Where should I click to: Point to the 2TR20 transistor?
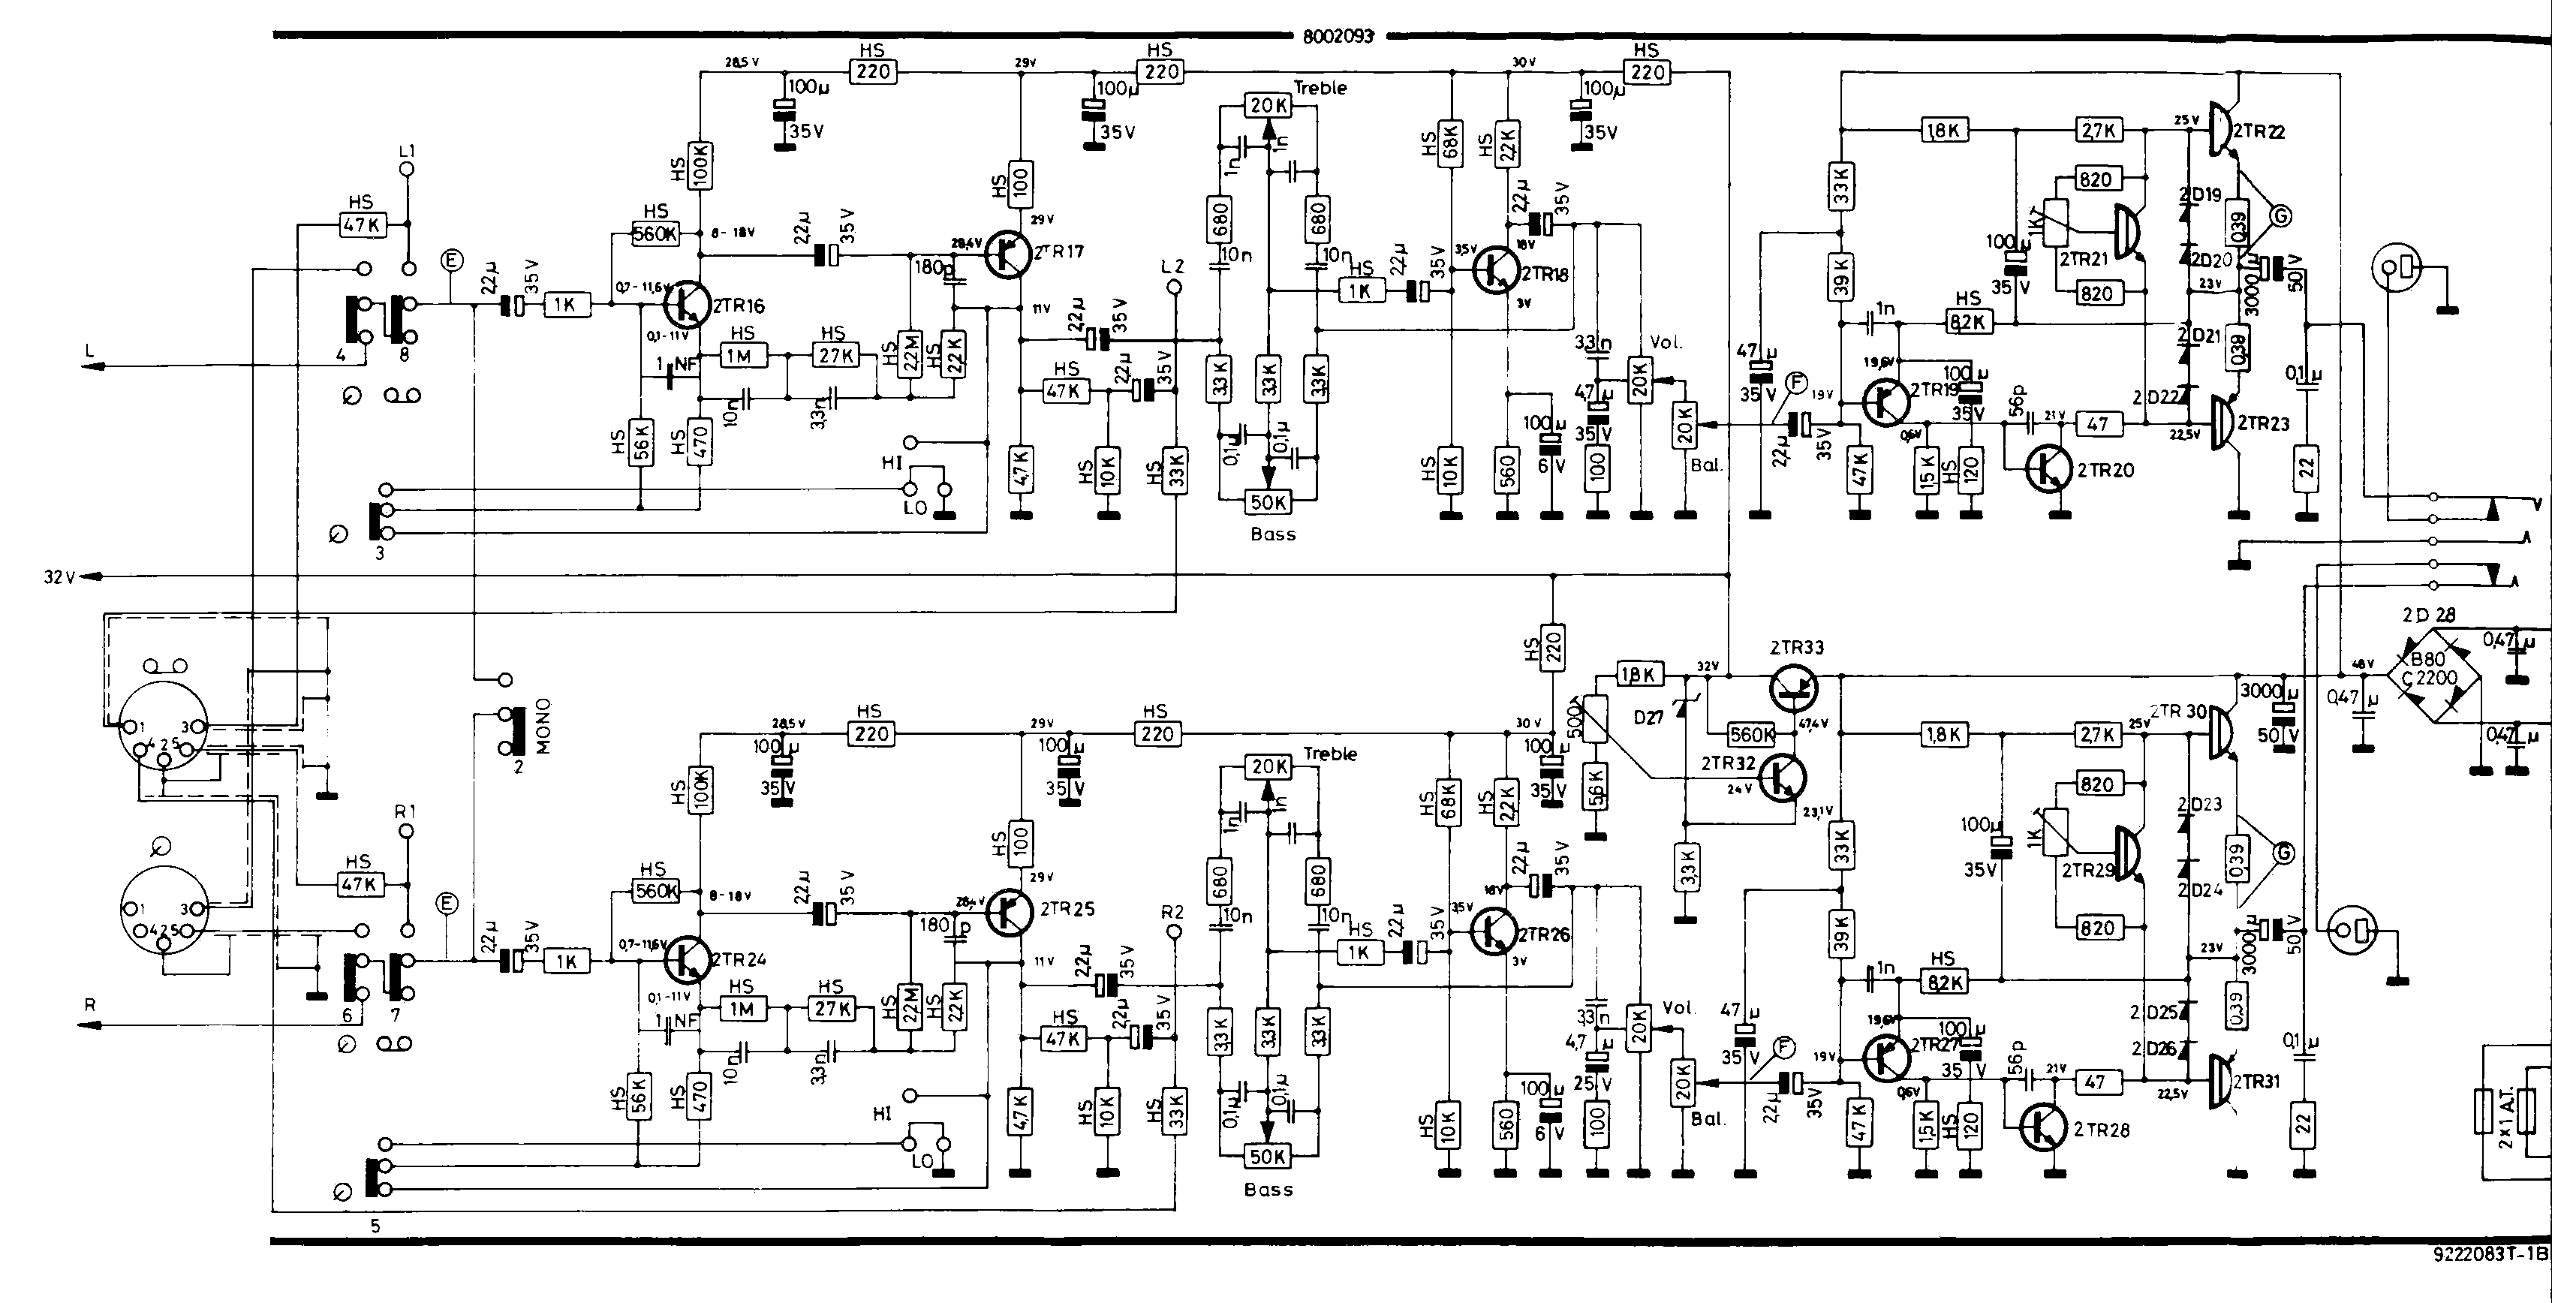coord(2047,471)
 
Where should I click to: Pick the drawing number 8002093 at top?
coord(1338,37)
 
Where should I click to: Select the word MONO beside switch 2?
coord(543,725)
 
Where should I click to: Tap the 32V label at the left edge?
coord(59,576)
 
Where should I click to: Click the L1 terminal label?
coord(406,152)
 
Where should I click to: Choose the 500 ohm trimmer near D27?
coord(1593,718)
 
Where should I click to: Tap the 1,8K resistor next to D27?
coord(1639,675)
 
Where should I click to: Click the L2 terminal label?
coord(1173,266)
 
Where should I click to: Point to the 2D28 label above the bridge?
coord(2428,615)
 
